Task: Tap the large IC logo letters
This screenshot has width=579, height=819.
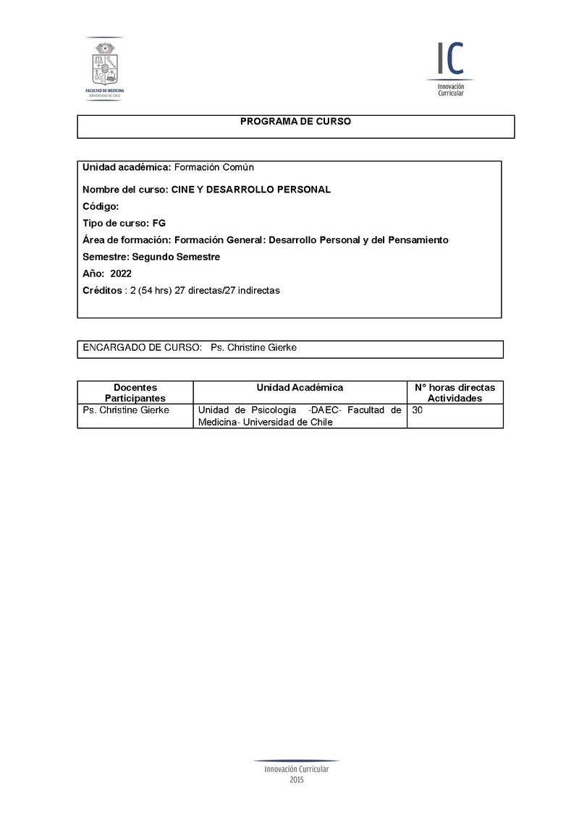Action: pyautogui.click(x=449, y=59)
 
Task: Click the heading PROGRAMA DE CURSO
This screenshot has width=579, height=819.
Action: pyautogui.click(x=295, y=122)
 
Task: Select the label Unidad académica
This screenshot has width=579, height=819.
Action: pyautogui.click(x=127, y=167)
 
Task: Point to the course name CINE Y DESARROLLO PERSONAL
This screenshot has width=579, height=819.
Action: pyautogui.click(x=251, y=190)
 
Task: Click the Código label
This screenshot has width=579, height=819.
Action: pyautogui.click(x=101, y=206)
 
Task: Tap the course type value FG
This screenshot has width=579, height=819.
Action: pyautogui.click(x=159, y=223)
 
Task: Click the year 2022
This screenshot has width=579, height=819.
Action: pyautogui.click(x=121, y=273)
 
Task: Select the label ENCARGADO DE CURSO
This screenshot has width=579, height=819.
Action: pyautogui.click(x=142, y=348)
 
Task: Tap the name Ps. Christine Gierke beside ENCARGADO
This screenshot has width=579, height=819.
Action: pyautogui.click(x=253, y=348)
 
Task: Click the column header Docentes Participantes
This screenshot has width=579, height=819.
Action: pyautogui.click(x=135, y=393)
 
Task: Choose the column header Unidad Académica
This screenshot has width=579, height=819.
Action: pyautogui.click(x=300, y=388)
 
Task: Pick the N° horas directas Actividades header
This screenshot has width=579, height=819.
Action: pyautogui.click(x=455, y=393)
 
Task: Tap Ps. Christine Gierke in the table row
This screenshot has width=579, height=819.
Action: pyautogui.click(x=126, y=410)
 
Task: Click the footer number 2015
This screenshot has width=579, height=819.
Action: pyautogui.click(x=297, y=780)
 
